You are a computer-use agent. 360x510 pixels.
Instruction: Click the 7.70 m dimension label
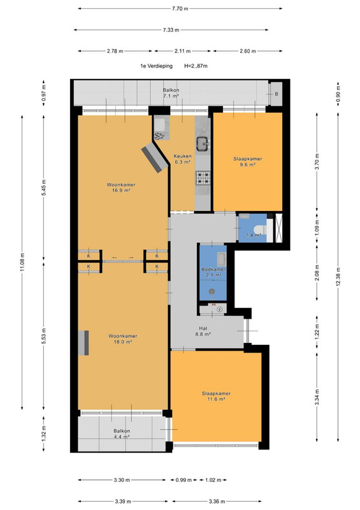[x=180, y=9]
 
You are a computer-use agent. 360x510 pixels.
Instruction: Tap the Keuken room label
[x=182, y=156]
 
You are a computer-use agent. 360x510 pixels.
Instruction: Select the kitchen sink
[x=203, y=142]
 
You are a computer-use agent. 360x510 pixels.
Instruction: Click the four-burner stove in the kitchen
[x=203, y=178]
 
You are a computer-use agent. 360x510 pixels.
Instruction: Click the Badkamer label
[x=213, y=269]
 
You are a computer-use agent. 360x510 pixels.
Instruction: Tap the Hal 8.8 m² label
[x=203, y=331]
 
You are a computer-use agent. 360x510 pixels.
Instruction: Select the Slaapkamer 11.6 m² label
[x=216, y=396]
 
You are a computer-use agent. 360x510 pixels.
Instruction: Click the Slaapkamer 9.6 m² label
[x=247, y=162]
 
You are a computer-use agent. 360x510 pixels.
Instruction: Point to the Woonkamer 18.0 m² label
[x=122, y=339]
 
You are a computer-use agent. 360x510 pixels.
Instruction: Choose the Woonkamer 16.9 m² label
[x=121, y=187]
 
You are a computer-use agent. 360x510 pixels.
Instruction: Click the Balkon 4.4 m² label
[x=122, y=434]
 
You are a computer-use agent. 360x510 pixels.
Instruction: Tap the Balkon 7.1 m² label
[x=171, y=92]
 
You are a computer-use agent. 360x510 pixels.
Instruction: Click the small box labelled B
[x=276, y=94]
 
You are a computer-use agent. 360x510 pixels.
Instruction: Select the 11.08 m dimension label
[x=22, y=262]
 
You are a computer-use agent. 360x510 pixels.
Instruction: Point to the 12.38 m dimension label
[x=338, y=277]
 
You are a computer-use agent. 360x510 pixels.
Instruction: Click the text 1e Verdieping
[x=156, y=66]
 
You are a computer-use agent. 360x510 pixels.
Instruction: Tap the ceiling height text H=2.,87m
[x=196, y=66]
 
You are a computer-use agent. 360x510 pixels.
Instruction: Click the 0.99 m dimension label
[x=184, y=480]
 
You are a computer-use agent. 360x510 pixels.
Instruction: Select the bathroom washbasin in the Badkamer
[x=221, y=259]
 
